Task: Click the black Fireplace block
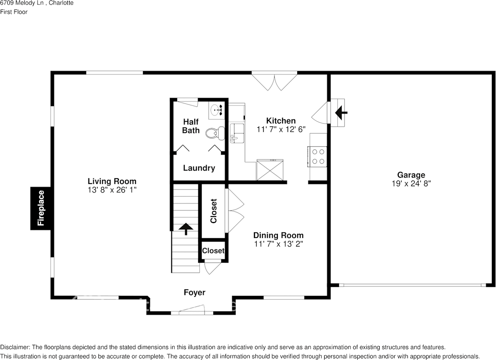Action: pyautogui.click(x=41, y=208)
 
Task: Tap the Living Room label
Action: pyautogui.click(x=112, y=181)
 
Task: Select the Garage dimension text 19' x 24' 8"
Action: pyautogui.click(x=411, y=183)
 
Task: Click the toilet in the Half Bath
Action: pyautogui.click(x=215, y=133)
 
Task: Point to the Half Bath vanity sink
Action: pyautogui.click(x=217, y=110)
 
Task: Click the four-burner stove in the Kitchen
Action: pyautogui.click(x=318, y=157)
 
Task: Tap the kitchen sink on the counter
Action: pyautogui.click(x=236, y=133)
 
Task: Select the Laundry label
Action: pyautogui.click(x=199, y=168)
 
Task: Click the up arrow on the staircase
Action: pyautogui.click(x=186, y=229)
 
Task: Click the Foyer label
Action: pyautogui.click(x=195, y=293)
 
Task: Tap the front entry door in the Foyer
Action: pyautogui.click(x=192, y=310)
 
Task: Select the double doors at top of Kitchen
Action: pyautogui.click(x=274, y=80)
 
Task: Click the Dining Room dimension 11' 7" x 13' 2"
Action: pyautogui.click(x=278, y=244)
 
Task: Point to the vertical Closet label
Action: pyautogui.click(x=214, y=211)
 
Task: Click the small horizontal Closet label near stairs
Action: pyautogui.click(x=213, y=251)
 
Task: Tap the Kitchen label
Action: pyautogui.click(x=281, y=121)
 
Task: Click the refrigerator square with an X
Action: pyautogui.click(x=270, y=170)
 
